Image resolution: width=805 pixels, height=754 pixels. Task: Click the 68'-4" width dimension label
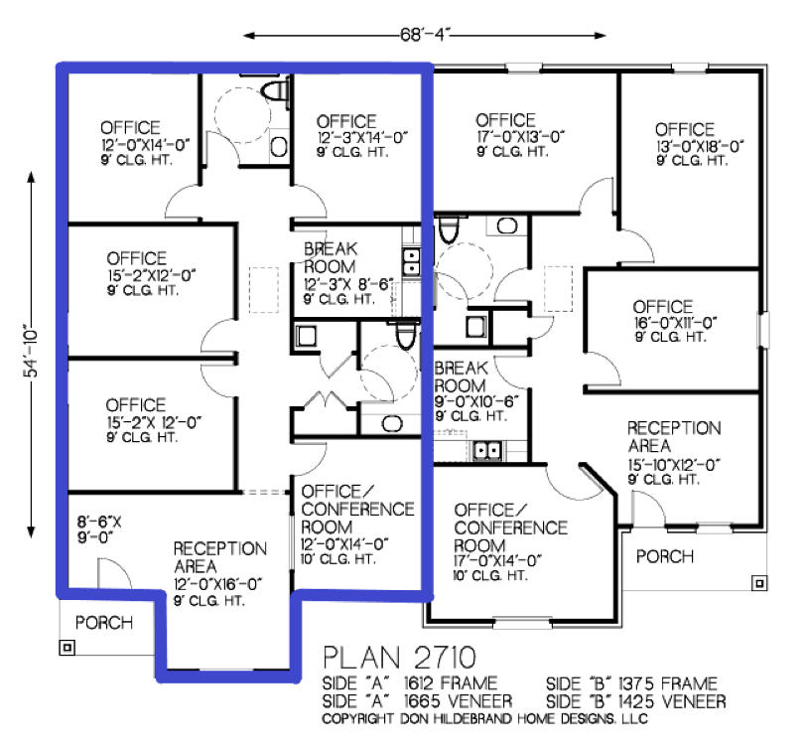coord(425,35)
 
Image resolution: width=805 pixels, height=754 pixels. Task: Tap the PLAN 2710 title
coord(399,658)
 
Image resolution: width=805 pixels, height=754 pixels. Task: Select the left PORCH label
coord(104,623)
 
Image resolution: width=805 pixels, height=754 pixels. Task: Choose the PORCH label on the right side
coord(665,556)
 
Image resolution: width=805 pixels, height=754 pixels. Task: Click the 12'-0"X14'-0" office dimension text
coord(145,144)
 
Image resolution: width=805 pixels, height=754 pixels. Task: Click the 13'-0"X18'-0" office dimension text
coord(700,146)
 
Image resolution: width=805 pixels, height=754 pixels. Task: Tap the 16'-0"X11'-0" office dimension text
coord(676,323)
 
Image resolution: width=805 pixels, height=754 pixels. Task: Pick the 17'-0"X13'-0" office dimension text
coord(520,137)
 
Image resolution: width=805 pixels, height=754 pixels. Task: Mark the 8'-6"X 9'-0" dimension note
coord(99,529)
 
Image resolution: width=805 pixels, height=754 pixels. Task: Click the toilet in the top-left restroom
coord(276,90)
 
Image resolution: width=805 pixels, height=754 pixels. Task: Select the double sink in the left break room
coord(411,261)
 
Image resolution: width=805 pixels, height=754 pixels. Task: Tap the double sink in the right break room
coord(486,451)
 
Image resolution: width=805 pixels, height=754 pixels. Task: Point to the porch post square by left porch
coord(67,647)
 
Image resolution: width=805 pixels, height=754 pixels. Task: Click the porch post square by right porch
coord(759,583)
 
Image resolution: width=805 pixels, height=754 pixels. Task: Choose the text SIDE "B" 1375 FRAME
coord(631,683)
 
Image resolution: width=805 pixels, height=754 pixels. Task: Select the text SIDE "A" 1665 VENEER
coord(417,701)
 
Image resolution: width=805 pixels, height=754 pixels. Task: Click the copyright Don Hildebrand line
coord(484,718)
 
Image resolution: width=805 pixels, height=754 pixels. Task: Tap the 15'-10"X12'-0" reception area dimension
coord(674,465)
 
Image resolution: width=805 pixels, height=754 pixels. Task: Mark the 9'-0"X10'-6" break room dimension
coord(476,401)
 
